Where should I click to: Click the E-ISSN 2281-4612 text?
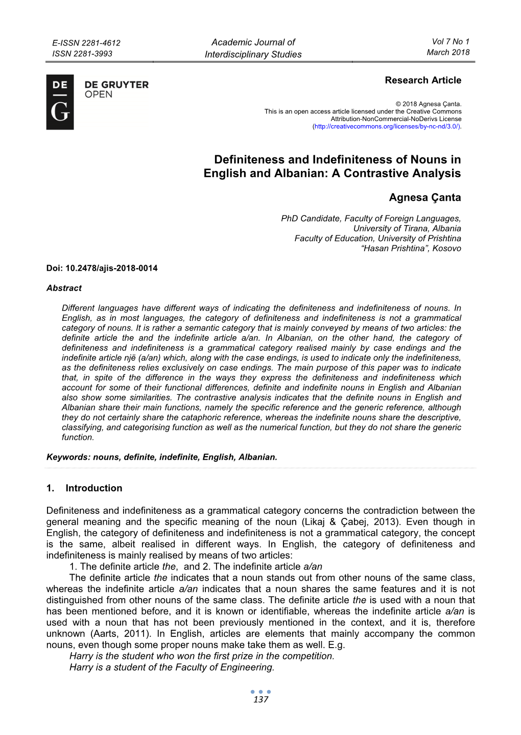[x=86, y=43]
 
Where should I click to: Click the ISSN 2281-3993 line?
[x=82, y=54]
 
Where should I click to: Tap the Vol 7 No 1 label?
[x=450, y=41]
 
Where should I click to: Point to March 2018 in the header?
[x=448, y=52]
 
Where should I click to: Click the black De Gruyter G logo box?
[x=60, y=102]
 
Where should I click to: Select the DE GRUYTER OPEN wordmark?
[x=116, y=89]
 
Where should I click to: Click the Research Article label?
[x=422, y=80]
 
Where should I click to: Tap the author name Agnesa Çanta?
[x=424, y=198]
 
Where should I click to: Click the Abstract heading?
[x=64, y=288]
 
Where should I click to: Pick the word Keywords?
[x=67, y=457]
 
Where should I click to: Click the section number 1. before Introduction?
[x=50, y=488]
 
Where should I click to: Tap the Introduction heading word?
[x=94, y=488]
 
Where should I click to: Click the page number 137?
[x=260, y=700]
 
